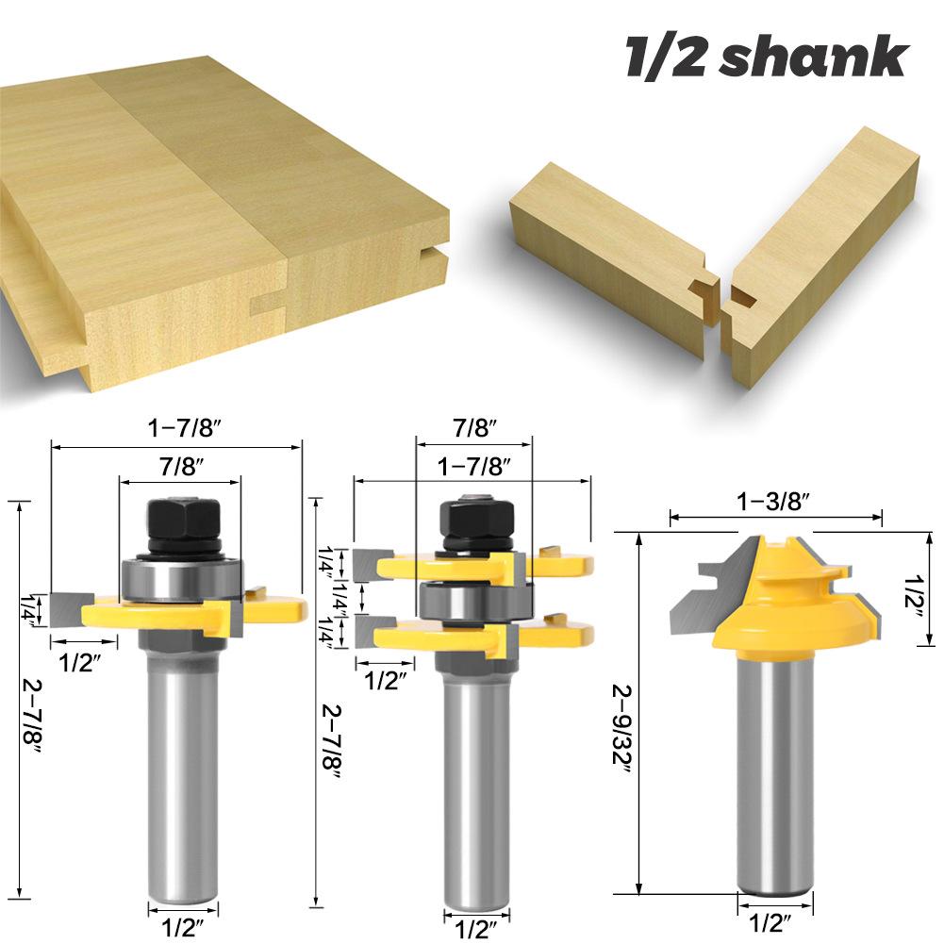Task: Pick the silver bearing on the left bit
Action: coord(181,578)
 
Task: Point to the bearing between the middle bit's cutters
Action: coord(475,600)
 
